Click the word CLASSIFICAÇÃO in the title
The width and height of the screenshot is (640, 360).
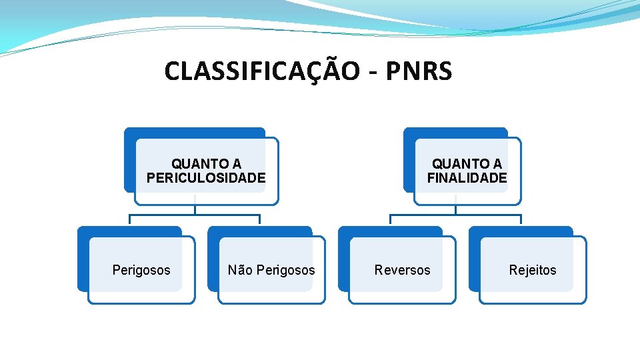click(261, 71)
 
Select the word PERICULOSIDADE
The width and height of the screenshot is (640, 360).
click(206, 178)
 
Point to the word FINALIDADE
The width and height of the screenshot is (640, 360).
click(467, 178)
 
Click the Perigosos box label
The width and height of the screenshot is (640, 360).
click(141, 270)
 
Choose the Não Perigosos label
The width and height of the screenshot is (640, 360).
click(271, 270)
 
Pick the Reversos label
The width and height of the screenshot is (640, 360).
click(402, 270)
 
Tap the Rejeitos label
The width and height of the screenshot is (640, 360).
click(532, 270)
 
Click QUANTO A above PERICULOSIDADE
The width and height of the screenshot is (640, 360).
click(206, 164)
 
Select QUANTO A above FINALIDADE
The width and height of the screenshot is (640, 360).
click(467, 164)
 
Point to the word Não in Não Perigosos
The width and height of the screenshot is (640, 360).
click(240, 270)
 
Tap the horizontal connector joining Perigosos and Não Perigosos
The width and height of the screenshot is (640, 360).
click(195, 215)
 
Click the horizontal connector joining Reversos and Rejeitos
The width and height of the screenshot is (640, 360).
click(455, 215)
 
